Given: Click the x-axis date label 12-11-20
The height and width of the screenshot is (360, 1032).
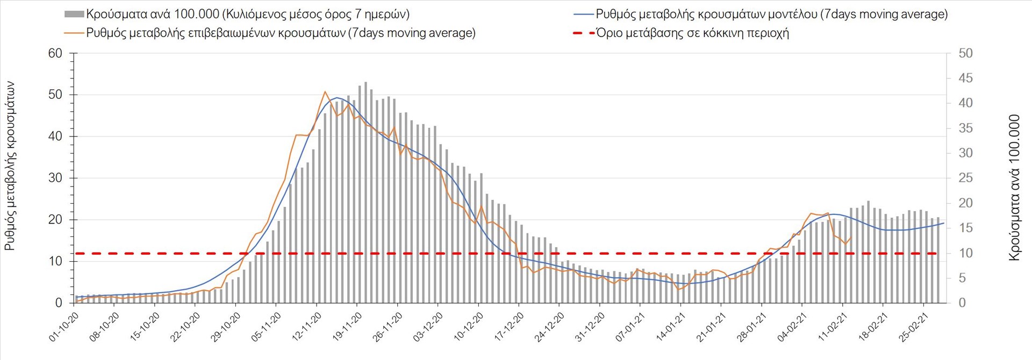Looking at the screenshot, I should tap(307, 327).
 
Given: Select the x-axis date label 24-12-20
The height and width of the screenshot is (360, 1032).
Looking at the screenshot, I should tap(549, 327).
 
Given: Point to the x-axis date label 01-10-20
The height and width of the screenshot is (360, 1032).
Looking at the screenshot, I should tap(64, 327).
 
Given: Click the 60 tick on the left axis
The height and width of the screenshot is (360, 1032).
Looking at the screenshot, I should tap(55, 53).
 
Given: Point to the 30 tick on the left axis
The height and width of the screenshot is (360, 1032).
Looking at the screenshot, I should tap(55, 178).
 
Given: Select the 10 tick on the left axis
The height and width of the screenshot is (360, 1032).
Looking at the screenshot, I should tap(55, 261).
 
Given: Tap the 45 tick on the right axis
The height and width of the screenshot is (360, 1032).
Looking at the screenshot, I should tap(965, 78).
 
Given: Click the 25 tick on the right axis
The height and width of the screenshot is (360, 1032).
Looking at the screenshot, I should tap(965, 178).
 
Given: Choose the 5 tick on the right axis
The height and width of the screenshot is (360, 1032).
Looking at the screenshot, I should tap(965, 278).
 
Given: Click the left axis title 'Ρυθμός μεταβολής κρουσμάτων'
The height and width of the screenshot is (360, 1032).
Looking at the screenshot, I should tap(10, 166).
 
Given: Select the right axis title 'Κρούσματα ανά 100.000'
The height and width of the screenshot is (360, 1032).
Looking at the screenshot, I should tap(1014, 188).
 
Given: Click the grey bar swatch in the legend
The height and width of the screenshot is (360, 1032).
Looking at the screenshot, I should tap(74, 15).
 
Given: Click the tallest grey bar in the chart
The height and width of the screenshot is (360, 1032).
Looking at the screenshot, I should tap(365, 192).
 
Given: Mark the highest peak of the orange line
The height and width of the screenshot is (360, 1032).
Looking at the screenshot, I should tap(325, 92).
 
